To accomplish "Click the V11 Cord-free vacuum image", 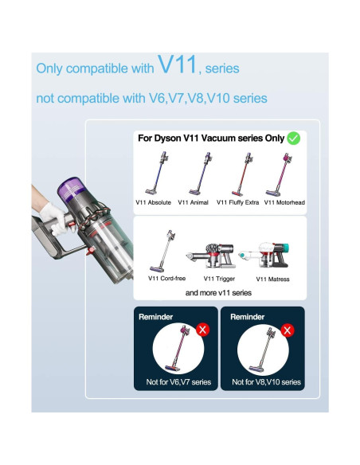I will click(x=164, y=250).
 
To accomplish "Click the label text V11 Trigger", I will click(x=219, y=279).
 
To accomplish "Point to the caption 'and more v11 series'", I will click(x=218, y=293).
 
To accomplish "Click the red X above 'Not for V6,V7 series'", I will click(x=202, y=329).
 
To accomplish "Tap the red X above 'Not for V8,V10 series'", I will click(x=288, y=330).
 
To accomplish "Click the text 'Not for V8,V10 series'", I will click(x=267, y=382).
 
